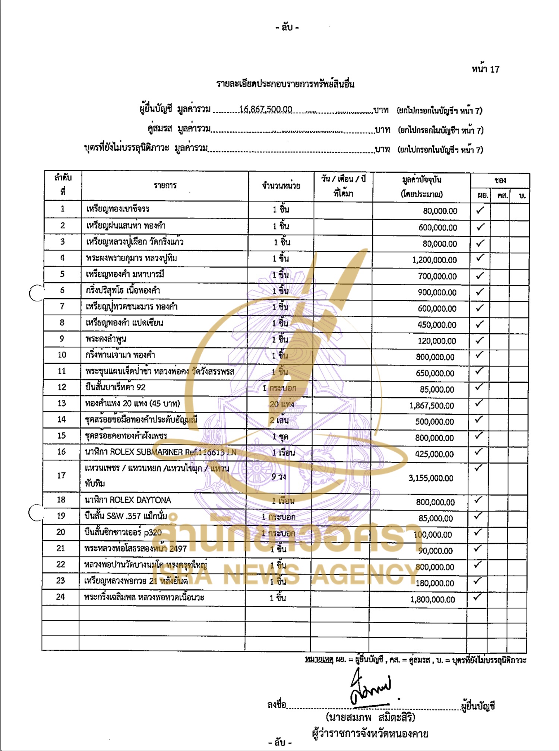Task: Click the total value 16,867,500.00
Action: [266, 109]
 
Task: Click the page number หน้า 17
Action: [485, 69]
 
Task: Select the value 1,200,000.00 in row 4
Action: [434, 260]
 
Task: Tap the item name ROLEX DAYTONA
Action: [128, 500]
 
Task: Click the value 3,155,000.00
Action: [431, 478]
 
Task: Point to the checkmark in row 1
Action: [480, 210]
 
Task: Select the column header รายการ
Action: [165, 185]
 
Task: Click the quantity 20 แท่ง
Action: [281, 404]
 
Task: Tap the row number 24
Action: [60, 597]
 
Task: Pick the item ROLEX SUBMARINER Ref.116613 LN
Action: [161, 452]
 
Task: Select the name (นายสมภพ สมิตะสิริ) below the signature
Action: [370, 717]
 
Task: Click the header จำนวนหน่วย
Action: [281, 185]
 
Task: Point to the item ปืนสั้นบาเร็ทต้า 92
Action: [116, 387]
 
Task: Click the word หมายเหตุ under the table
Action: [319, 660]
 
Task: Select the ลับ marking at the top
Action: [287, 27]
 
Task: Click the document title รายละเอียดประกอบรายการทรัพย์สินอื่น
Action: [285, 84]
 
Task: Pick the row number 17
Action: [61, 475]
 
